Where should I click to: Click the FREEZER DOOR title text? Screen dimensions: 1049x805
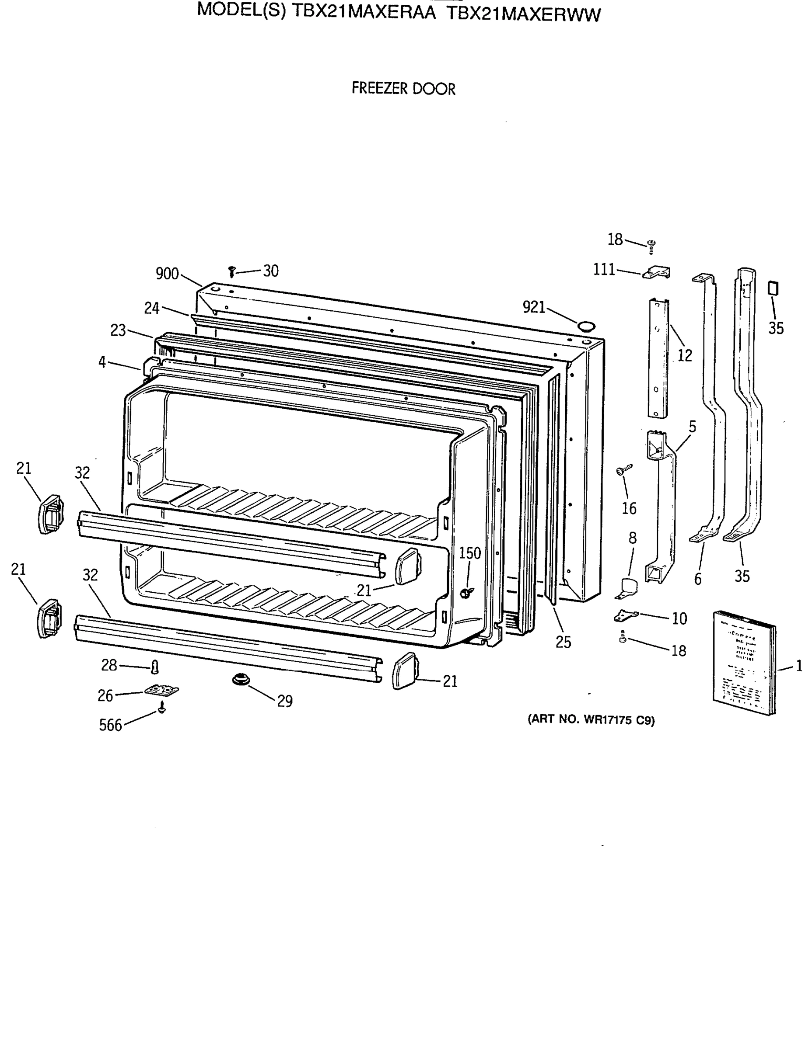403,89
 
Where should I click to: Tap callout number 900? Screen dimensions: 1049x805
167,274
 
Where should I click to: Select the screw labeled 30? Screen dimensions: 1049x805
232,272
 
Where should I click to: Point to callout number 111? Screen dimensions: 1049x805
604,270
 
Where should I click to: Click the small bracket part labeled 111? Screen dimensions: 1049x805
658,273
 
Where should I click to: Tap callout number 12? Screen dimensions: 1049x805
685,355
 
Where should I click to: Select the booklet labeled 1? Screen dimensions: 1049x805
744,663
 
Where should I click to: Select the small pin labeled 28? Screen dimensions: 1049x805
154,667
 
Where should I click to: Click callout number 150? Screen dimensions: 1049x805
469,553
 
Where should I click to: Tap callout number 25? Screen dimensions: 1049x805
563,643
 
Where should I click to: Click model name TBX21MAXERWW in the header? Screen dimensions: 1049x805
523,15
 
